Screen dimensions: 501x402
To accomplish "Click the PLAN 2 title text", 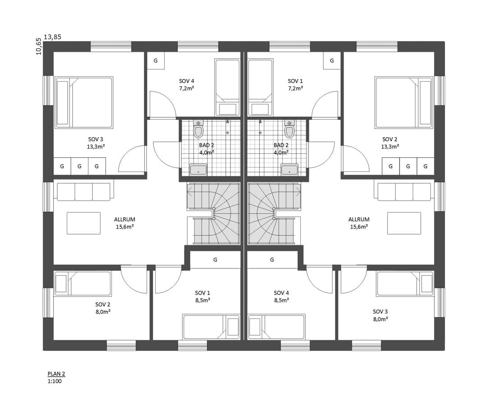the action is tap(56, 374).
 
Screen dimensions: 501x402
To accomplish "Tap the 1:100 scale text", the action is tap(55, 381).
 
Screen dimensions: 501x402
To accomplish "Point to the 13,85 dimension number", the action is tap(52, 37).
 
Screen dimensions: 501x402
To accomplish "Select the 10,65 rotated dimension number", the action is tap(39, 46).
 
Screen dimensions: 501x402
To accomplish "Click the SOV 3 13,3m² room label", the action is tap(96, 143).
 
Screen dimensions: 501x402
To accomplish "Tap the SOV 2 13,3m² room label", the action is tap(390, 143).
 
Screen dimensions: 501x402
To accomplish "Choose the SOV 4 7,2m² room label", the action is tap(187, 85).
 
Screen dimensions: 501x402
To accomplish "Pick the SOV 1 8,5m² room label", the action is tap(202, 296).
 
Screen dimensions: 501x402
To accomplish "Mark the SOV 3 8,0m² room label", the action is tap(380, 315).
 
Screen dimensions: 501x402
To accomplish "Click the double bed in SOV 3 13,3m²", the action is tap(84, 102).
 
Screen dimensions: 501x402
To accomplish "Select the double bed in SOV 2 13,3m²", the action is tap(404, 102).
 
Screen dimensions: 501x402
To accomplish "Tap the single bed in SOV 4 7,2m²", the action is tap(227, 87).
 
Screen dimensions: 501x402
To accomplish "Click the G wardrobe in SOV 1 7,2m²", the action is tap(332, 60).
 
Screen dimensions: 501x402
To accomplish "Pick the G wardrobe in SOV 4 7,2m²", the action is tap(156, 60).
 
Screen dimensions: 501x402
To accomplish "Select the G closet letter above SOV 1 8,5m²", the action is tap(216, 260).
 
